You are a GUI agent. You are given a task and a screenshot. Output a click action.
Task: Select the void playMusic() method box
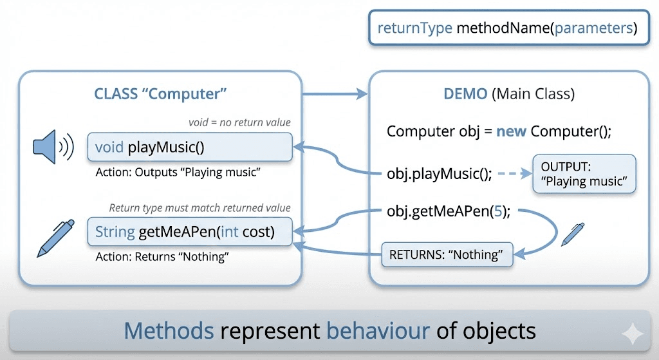click(x=190, y=147)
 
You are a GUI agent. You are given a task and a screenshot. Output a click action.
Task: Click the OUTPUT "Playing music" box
click(x=584, y=174)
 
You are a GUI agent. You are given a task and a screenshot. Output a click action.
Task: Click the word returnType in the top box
click(x=414, y=28)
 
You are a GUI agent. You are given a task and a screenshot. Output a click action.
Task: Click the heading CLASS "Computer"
click(x=161, y=94)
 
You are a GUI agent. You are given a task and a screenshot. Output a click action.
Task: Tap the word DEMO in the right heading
click(x=465, y=94)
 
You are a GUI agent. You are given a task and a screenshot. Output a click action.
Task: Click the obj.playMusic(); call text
click(x=440, y=174)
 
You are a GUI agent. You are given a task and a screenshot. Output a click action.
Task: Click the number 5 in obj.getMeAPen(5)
click(x=496, y=211)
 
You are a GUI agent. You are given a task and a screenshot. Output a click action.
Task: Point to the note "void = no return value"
click(x=239, y=122)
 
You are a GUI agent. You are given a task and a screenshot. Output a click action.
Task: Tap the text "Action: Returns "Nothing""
click(x=162, y=256)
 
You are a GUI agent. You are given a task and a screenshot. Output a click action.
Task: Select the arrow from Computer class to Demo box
click(x=335, y=95)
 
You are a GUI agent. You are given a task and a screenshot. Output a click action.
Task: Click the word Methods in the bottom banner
click(x=169, y=331)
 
